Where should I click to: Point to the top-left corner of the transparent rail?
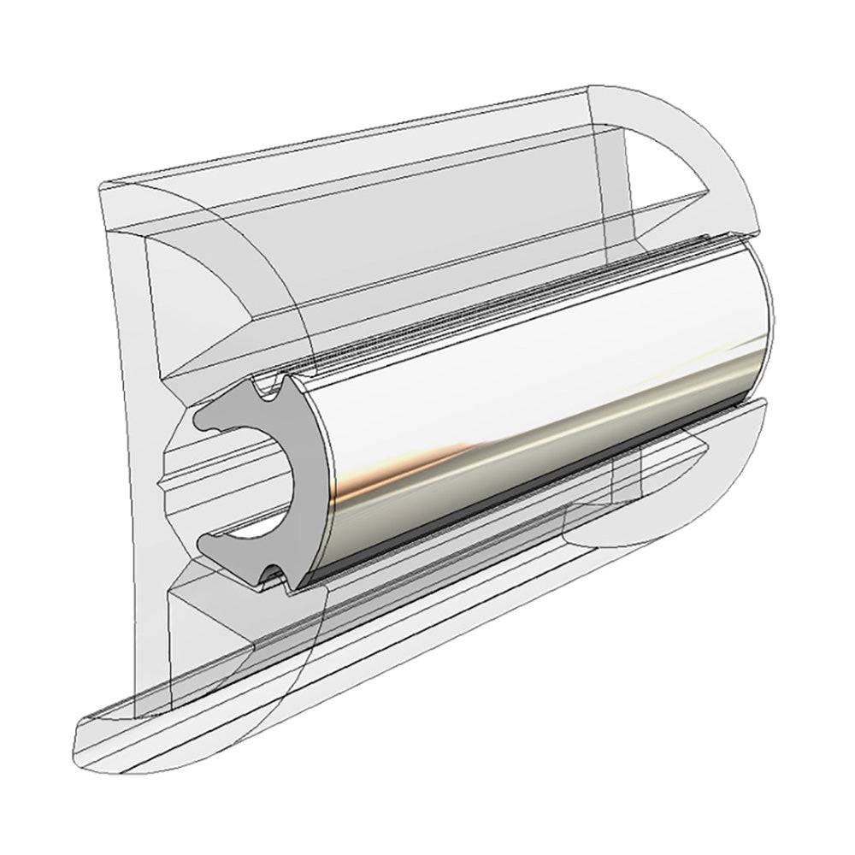pos(103,184)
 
